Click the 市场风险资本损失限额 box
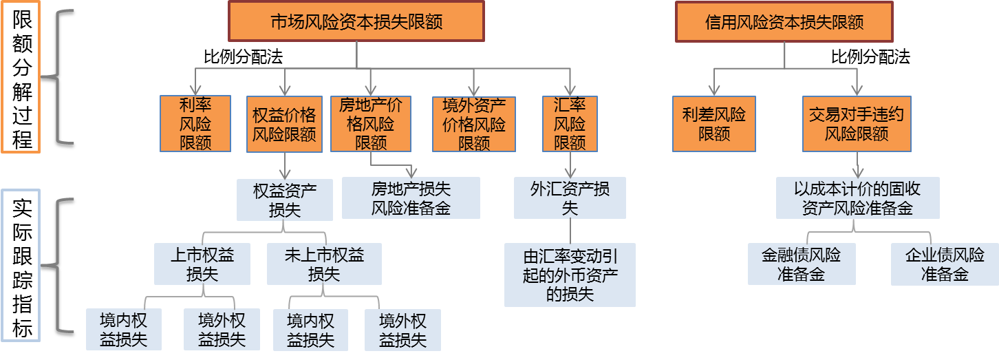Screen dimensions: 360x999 click(356, 21)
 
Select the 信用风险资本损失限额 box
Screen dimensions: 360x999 click(784, 21)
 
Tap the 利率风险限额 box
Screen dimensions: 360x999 click(195, 123)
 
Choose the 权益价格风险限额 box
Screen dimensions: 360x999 click(284, 123)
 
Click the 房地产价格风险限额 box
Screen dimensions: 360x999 click(371, 123)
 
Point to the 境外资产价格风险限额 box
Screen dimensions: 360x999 click(474, 123)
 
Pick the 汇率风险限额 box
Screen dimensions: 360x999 click(570, 123)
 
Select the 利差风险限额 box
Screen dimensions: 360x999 click(713, 123)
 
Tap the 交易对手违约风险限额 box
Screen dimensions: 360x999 click(857, 123)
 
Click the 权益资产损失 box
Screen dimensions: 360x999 click(284, 200)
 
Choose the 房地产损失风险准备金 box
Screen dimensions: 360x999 click(411, 198)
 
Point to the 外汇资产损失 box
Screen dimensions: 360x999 click(570, 198)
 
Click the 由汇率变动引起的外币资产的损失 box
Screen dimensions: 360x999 click(570, 275)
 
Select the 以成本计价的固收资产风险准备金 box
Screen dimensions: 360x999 click(857, 198)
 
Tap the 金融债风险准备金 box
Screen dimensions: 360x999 click(802, 264)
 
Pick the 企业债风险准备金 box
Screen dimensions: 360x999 click(945, 264)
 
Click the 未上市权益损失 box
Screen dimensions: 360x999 click(324, 264)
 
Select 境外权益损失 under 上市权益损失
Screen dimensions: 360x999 click(222, 330)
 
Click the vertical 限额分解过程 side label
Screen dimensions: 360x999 click(21, 79)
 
